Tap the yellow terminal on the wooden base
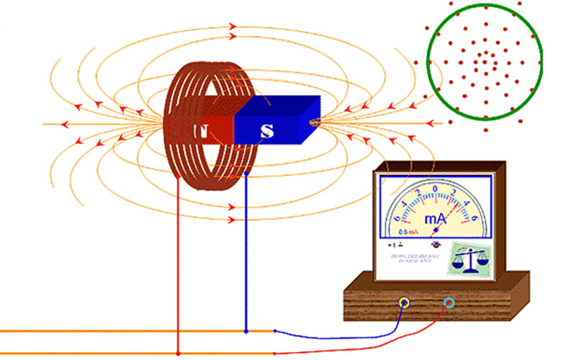405,302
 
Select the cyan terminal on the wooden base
449,302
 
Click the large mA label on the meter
435,218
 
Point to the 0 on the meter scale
436,189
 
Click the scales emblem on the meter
467,256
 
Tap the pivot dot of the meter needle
435,230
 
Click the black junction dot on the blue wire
247,331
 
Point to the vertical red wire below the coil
178,274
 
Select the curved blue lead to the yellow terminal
346,335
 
